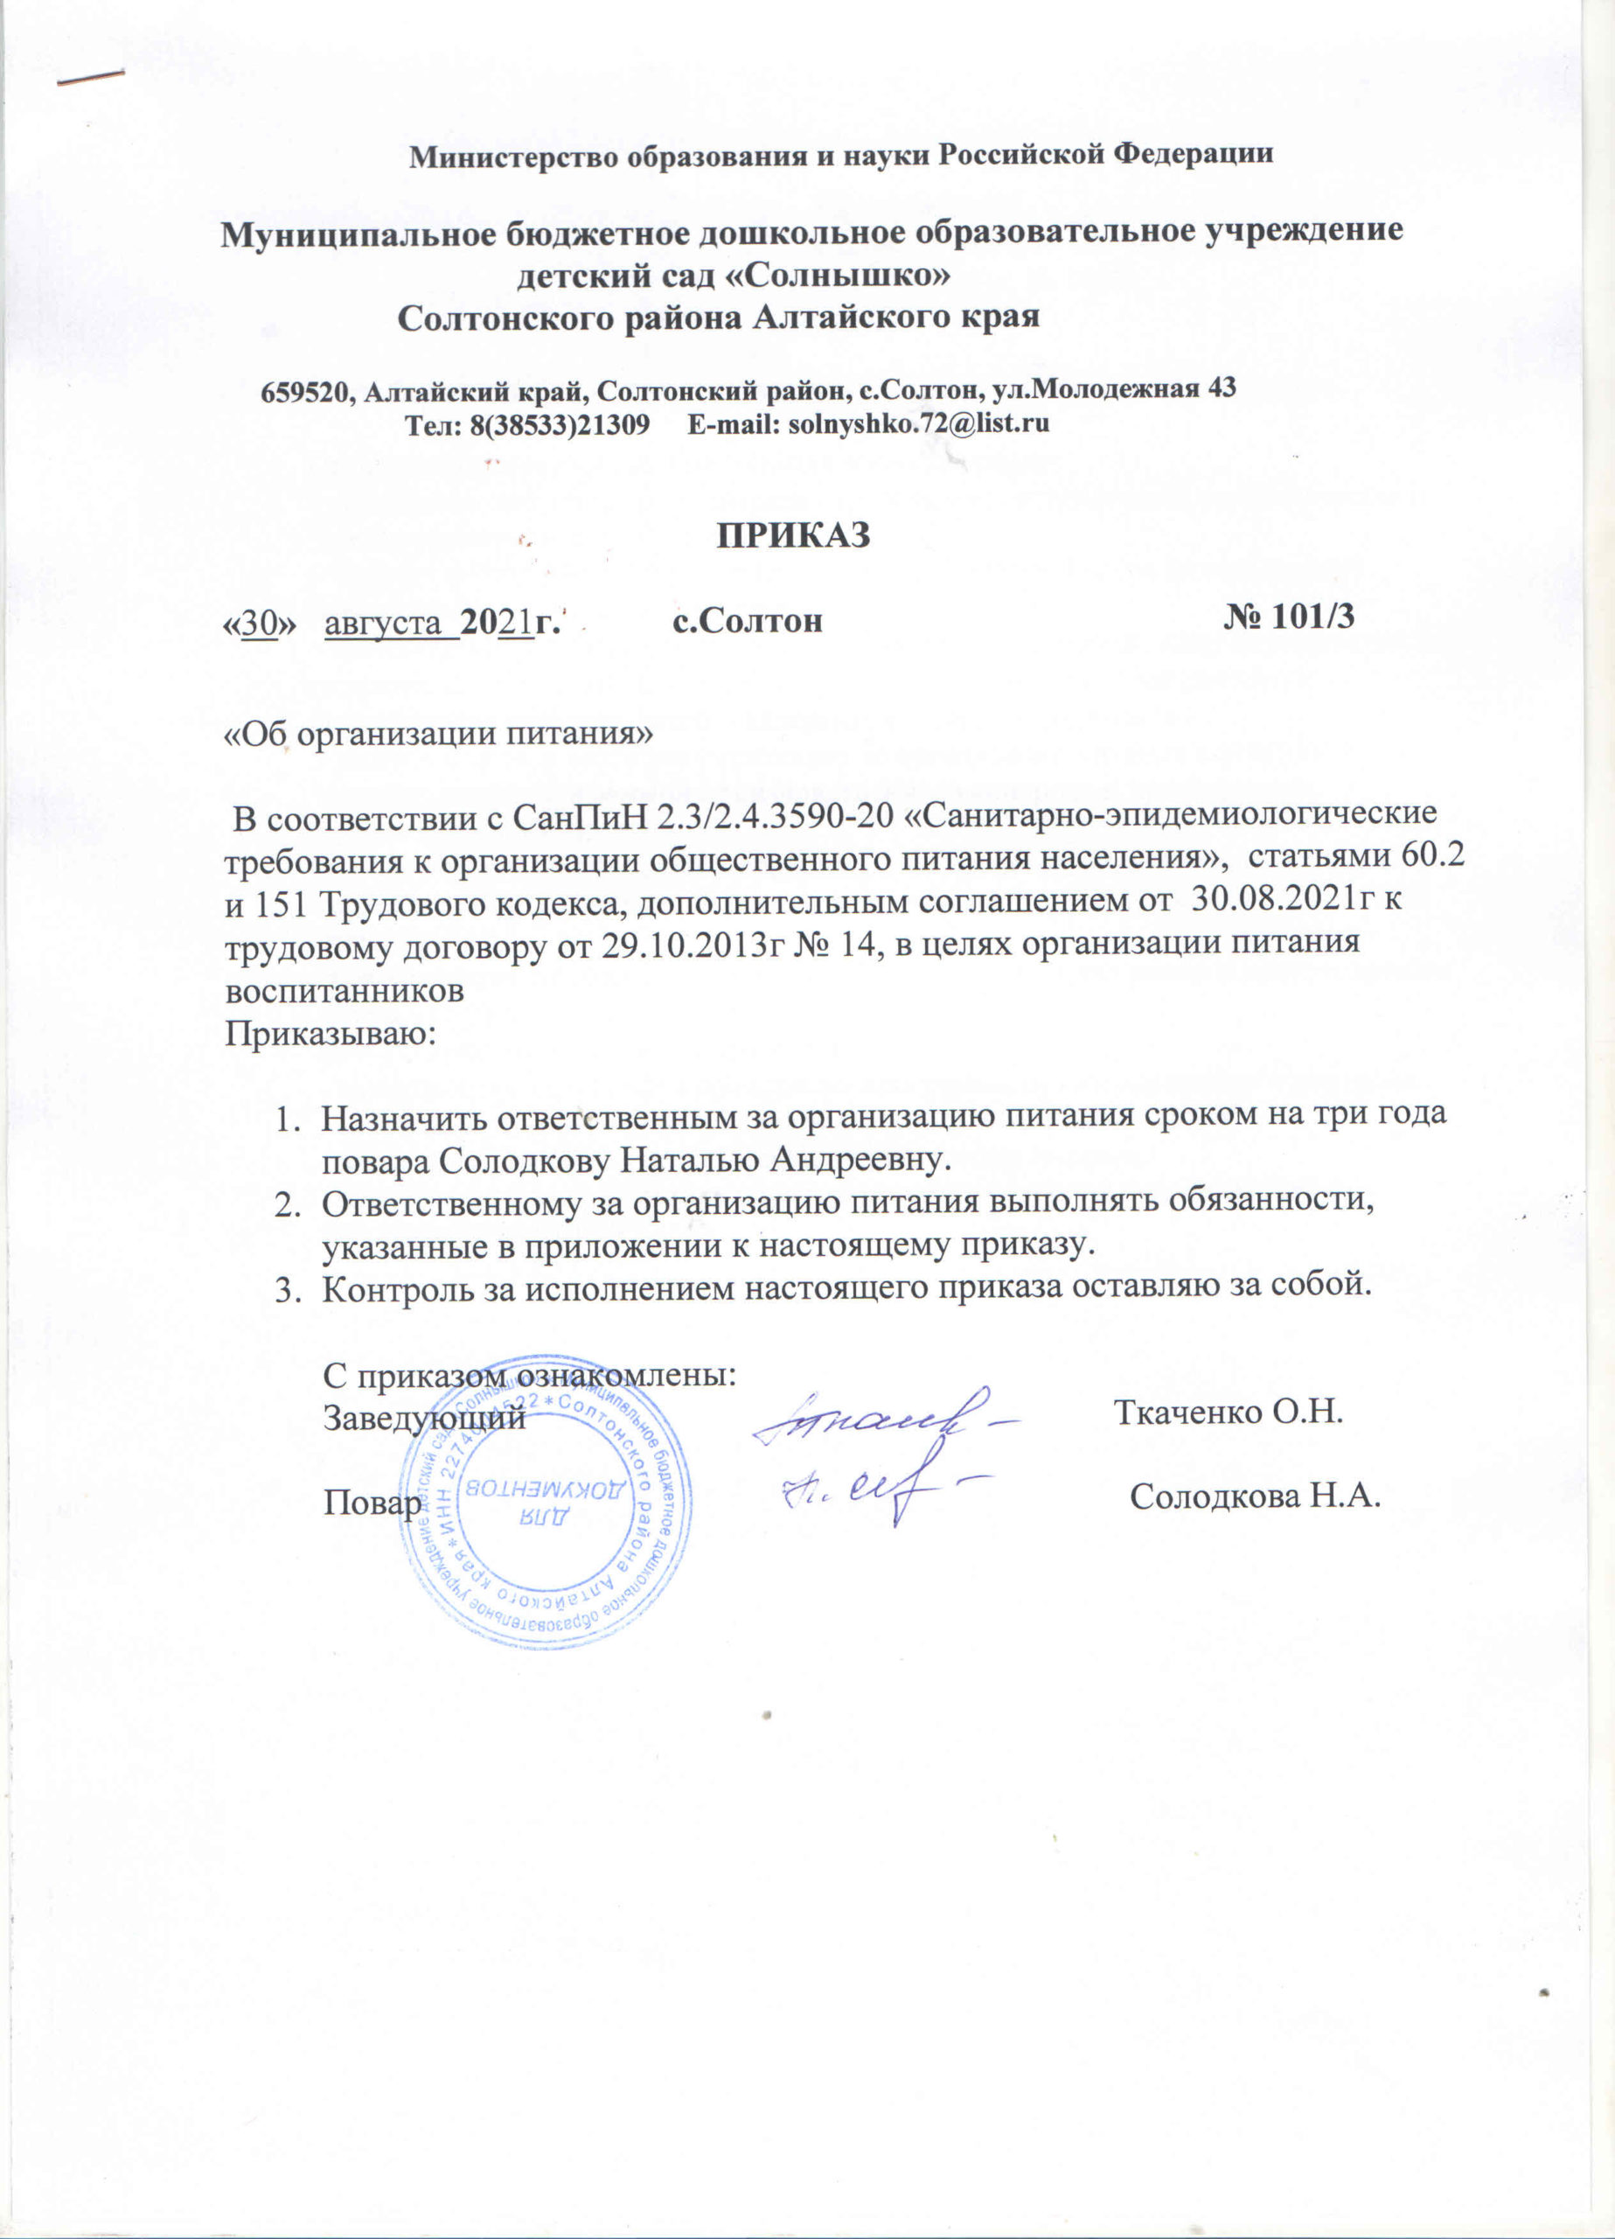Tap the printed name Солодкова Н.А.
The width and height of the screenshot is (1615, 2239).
pos(1254,1525)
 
